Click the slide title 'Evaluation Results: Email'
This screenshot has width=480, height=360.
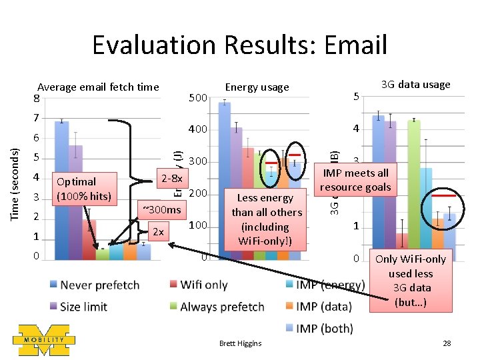(239, 45)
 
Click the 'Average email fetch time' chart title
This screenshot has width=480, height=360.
(98, 87)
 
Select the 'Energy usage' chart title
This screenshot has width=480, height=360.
(257, 87)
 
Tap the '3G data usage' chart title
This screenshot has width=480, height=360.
(415, 84)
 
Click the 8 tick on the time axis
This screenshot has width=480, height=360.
(37, 99)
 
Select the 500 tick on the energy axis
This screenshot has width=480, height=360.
(198, 99)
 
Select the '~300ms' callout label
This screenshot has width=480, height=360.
(161, 210)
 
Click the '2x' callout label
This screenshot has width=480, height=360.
(158, 232)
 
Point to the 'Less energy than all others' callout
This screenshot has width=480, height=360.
(266, 219)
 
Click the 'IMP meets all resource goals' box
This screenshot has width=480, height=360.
(355, 180)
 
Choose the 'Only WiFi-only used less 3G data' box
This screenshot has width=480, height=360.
(410, 281)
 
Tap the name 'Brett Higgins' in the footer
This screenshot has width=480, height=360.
(241, 343)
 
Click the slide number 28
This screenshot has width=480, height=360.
(447, 343)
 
